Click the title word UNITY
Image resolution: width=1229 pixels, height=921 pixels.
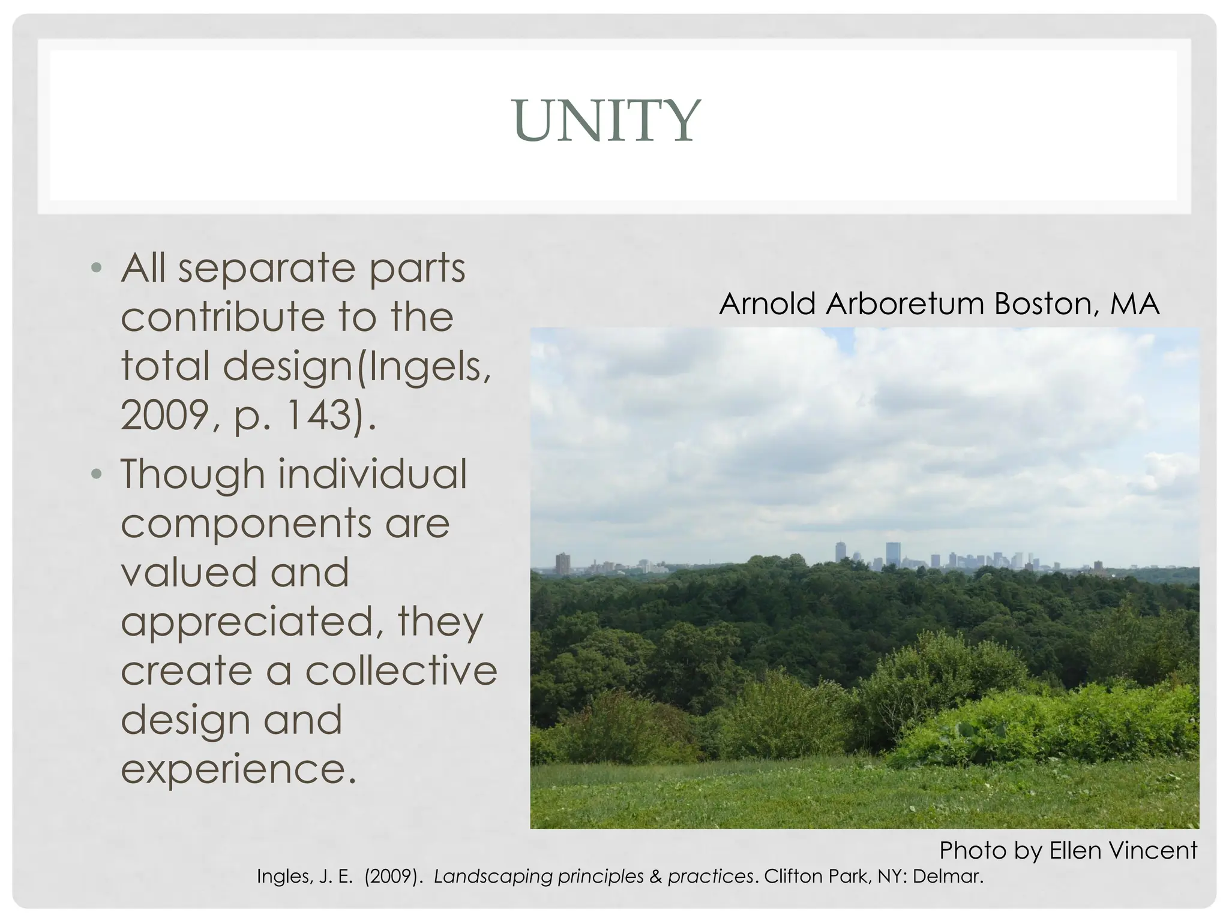pyautogui.click(x=607, y=121)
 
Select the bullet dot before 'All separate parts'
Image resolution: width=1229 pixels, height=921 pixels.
pyautogui.click(x=96, y=268)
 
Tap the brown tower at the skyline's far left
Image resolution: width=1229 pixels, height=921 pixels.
pyautogui.click(x=562, y=564)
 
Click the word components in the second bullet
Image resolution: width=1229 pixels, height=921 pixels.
pyautogui.click(x=246, y=523)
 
